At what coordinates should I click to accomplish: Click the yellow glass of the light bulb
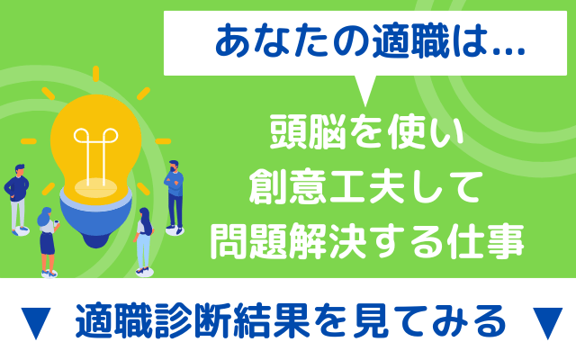pyautogui.click(x=95, y=143)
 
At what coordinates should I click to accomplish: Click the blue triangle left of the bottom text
pyautogui.click(x=36, y=322)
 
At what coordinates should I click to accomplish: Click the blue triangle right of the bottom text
pyautogui.click(x=547, y=322)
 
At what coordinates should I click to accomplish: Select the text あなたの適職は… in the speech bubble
pyautogui.click(x=370, y=42)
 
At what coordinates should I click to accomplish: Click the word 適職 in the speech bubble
pyautogui.click(x=410, y=42)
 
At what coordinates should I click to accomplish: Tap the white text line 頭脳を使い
pyautogui.click(x=366, y=131)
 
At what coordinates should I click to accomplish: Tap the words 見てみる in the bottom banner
pyautogui.click(x=428, y=320)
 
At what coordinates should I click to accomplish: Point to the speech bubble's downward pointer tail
pyautogui.click(x=364, y=91)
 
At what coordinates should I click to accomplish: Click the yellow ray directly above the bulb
pyautogui.click(x=96, y=74)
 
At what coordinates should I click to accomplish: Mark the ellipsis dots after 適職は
pyautogui.click(x=508, y=52)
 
